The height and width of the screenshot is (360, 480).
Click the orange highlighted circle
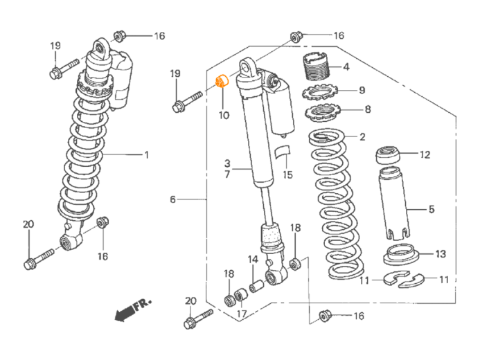(222, 81)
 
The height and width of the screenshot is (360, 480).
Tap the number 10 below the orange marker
(224, 116)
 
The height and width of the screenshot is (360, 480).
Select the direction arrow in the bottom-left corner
(132, 308)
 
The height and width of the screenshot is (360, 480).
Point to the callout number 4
(346, 68)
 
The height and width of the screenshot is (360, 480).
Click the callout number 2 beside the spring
(362, 138)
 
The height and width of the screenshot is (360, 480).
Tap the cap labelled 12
(389, 156)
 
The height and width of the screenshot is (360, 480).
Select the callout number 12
(425, 154)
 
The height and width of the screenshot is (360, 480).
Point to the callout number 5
(431, 208)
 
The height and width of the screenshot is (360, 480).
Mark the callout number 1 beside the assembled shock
(146, 156)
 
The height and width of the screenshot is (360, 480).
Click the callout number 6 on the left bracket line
(172, 200)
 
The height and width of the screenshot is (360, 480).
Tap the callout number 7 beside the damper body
(226, 175)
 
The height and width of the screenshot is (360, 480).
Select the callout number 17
(242, 313)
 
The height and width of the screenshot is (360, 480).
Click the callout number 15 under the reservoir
(287, 175)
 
